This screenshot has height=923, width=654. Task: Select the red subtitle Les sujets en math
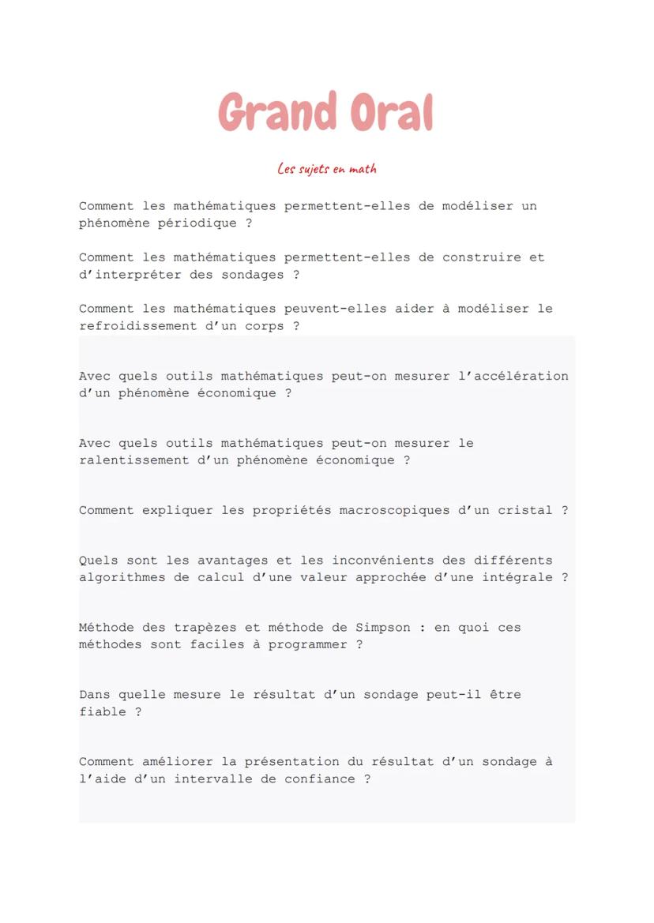point(327,168)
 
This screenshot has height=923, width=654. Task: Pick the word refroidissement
point(130,326)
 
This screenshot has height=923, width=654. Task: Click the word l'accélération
point(513,376)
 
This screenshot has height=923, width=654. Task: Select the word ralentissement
point(130,460)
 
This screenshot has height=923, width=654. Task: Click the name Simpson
point(383,628)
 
